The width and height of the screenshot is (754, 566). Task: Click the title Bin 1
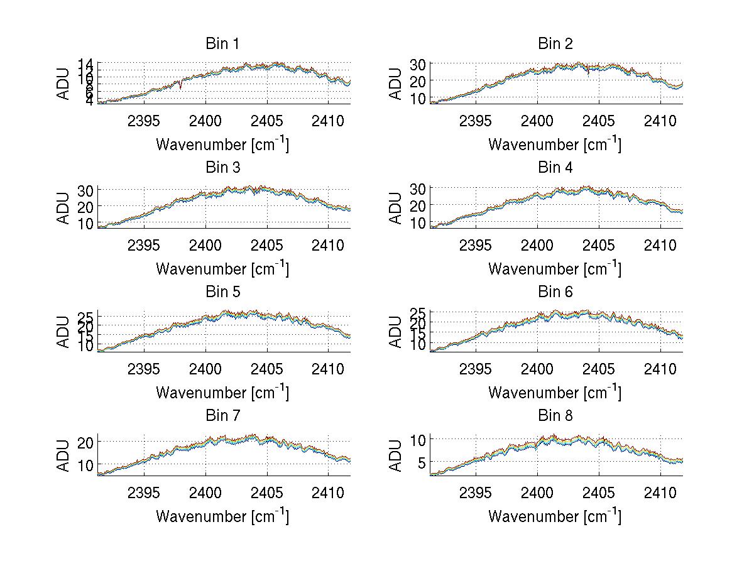[x=222, y=44]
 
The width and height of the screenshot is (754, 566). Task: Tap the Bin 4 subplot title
[x=555, y=168]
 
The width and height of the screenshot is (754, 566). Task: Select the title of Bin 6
[x=555, y=292]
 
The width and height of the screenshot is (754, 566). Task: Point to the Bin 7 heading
[x=222, y=416]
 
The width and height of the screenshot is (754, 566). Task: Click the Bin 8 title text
[x=555, y=416]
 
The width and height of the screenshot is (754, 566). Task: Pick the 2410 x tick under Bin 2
[x=660, y=121]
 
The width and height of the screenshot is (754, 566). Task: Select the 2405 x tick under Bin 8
[x=599, y=493]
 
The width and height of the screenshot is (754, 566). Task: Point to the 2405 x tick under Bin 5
[x=267, y=369]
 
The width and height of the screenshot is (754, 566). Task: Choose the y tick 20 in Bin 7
[x=85, y=442]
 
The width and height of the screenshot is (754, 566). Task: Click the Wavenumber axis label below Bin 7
[x=222, y=516]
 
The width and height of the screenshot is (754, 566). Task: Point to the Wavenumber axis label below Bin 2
[x=555, y=144]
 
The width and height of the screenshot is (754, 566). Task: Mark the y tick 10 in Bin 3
[x=85, y=223]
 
